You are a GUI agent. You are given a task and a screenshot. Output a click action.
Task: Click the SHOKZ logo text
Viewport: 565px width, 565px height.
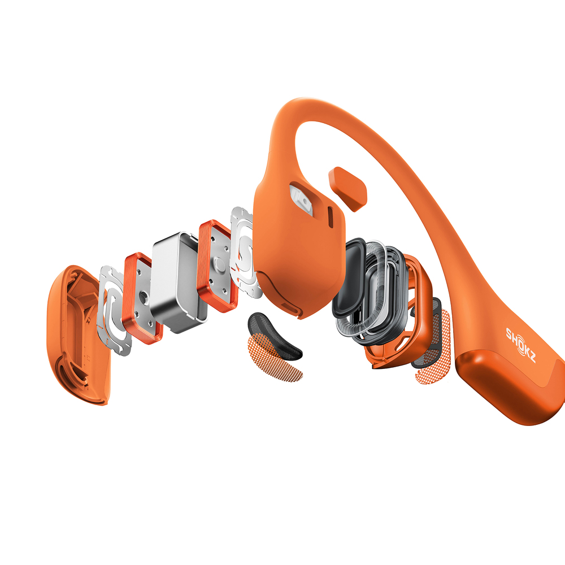tap(521, 345)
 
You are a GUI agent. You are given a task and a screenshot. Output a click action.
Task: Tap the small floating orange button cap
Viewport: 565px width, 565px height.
tap(347, 189)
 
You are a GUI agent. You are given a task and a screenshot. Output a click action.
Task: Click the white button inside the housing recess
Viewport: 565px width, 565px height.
tap(302, 199)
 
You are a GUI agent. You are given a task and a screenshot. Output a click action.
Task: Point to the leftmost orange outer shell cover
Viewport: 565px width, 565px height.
tap(76, 335)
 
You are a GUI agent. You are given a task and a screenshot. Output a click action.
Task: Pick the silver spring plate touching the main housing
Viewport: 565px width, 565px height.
tap(245, 251)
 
